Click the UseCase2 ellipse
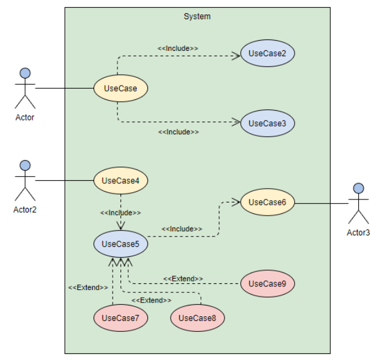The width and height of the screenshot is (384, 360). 267,54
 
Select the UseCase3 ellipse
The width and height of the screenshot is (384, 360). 267,123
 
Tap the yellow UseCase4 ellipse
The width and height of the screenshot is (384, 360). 120,180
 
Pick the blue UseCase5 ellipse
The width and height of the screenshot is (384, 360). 120,244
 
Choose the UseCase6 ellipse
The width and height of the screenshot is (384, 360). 267,202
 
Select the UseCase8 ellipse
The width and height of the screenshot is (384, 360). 197,318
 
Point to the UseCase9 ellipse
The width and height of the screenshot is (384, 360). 267,283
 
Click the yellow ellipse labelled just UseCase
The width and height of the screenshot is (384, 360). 120,89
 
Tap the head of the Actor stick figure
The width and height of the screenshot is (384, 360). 25,73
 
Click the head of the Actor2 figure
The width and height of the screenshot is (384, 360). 25,165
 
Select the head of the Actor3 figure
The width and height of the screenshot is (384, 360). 358,188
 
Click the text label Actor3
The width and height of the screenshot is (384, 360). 358,232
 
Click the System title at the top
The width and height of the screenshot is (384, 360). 197,16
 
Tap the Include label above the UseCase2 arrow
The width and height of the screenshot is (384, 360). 178,47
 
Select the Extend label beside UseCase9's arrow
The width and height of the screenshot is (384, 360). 183,279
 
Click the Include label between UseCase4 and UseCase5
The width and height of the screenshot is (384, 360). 120,212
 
